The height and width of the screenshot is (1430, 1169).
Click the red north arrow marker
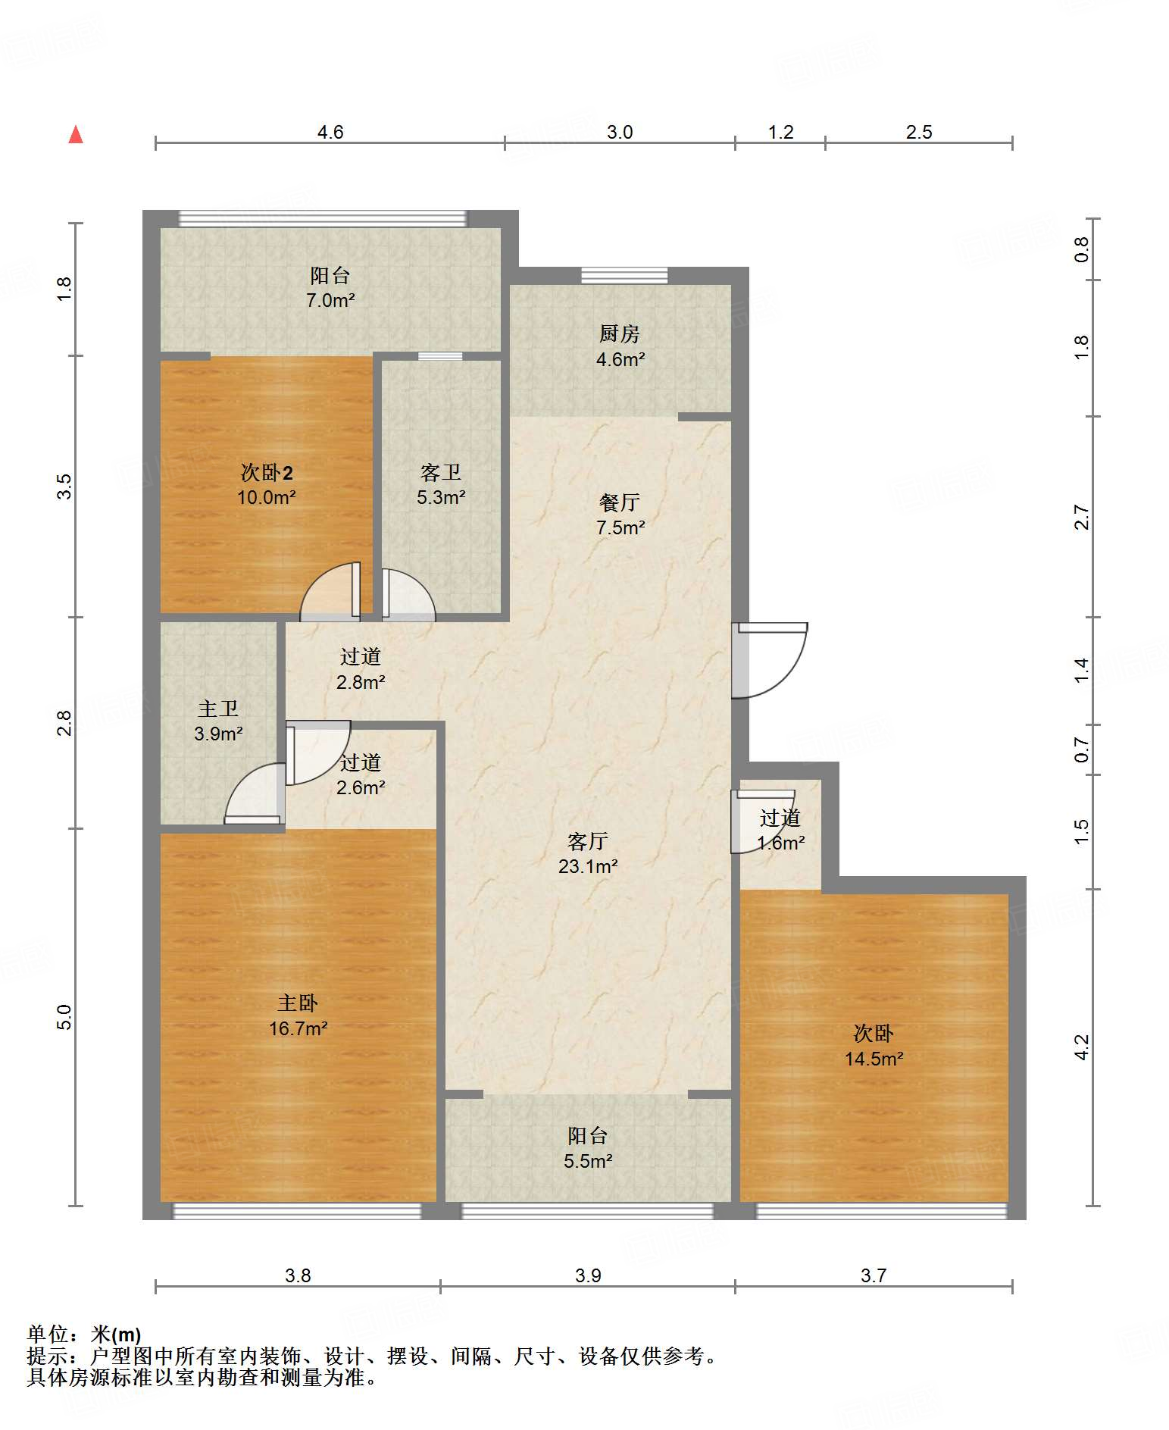tap(76, 135)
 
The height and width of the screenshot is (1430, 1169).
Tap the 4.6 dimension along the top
tap(330, 132)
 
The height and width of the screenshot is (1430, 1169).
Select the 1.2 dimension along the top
tap(780, 132)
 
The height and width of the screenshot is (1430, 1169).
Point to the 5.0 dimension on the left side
tap(64, 1017)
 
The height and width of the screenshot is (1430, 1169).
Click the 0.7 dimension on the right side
tap(1081, 750)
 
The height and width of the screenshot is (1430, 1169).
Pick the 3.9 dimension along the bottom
tap(588, 1275)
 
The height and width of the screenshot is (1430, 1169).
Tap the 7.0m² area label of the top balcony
tap(330, 301)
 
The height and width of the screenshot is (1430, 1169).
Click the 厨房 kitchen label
tap(620, 333)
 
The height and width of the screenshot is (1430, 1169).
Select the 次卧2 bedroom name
tap(267, 472)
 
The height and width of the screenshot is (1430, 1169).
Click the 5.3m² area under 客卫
tap(441, 498)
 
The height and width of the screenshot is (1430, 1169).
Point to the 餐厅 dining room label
tap(620, 502)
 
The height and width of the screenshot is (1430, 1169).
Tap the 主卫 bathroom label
tap(218, 709)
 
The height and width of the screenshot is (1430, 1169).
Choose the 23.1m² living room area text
tap(588, 867)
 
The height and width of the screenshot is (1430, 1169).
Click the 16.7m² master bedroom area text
tap(299, 1028)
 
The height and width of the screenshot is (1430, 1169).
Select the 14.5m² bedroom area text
tap(874, 1059)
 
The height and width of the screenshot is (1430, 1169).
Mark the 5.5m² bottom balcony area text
tap(588, 1161)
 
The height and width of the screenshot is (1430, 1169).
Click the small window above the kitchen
tap(624, 275)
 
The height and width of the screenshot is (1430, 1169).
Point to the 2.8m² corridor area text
tap(361, 682)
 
